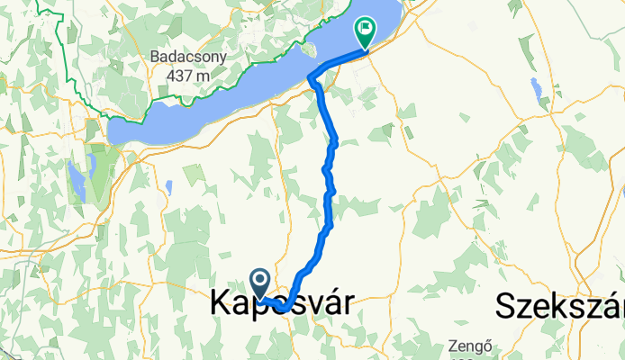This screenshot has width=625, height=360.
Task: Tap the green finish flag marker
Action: (365, 33)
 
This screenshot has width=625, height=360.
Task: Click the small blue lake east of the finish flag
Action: (537, 91)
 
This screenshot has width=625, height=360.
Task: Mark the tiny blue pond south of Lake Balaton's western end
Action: (168, 188)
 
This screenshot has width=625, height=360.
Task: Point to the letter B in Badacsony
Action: (155, 57)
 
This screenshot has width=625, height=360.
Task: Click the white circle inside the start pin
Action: (259, 280)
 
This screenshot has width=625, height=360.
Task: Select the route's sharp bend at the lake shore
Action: (312, 79)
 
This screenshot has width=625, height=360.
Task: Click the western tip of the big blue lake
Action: (111, 133)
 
